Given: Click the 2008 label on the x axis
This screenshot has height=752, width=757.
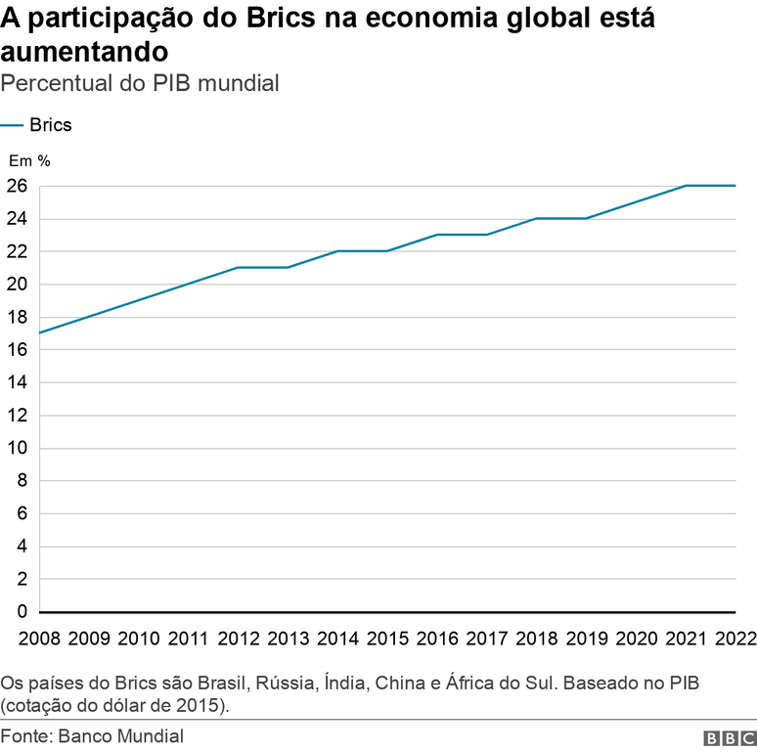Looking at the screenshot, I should (38, 639).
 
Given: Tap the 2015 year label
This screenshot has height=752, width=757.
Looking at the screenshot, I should (386, 639).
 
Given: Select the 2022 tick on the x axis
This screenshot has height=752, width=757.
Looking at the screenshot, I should (735, 639).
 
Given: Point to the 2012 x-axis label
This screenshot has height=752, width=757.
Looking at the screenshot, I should (238, 639).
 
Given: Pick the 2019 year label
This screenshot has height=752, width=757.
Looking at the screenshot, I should (586, 639).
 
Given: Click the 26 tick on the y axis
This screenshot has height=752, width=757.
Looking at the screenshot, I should (17, 186).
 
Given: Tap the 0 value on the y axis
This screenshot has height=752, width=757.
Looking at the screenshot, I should (22, 612).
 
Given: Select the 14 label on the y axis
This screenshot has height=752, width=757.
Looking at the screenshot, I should (17, 382).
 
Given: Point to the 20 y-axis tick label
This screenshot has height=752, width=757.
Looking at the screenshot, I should (17, 285).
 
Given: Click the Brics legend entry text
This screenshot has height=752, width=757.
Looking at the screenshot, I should (51, 125).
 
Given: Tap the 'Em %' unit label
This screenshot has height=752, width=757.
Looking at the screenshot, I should (29, 159).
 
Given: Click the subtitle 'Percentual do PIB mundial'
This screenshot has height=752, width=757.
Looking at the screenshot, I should (141, 83).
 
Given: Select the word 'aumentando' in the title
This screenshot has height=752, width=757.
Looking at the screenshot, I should (84, 50).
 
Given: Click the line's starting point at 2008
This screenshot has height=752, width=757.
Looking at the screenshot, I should (39, 333).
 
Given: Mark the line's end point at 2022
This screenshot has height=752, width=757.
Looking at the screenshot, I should (735, 186).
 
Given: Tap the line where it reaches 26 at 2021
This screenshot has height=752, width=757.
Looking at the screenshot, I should (686, 186).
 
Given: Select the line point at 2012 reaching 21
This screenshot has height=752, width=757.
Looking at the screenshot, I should (238, 268).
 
